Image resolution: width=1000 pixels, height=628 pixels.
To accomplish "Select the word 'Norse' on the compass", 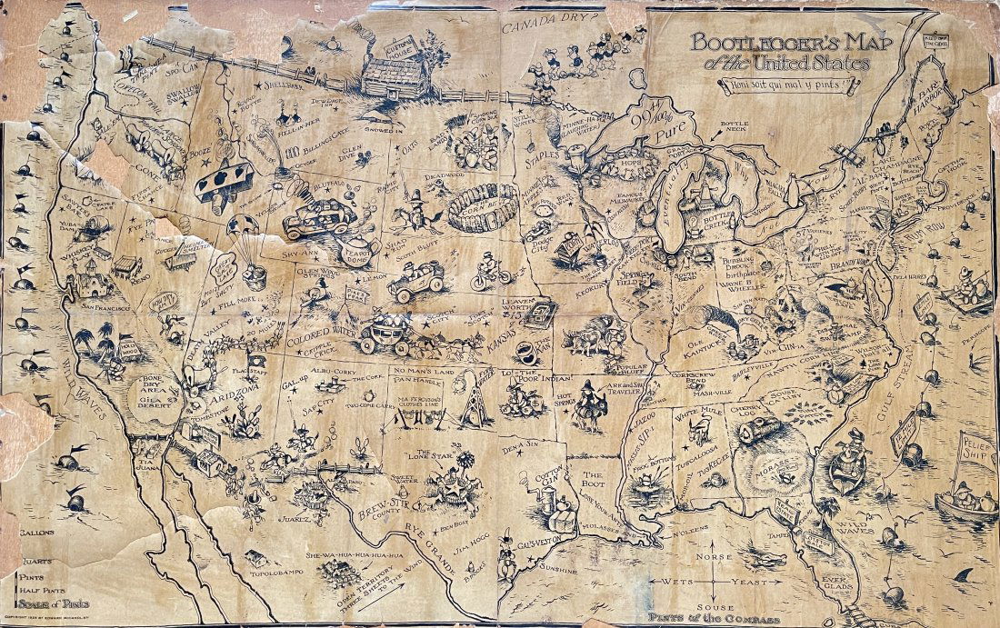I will pyautogui.click(x=722, y=554).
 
